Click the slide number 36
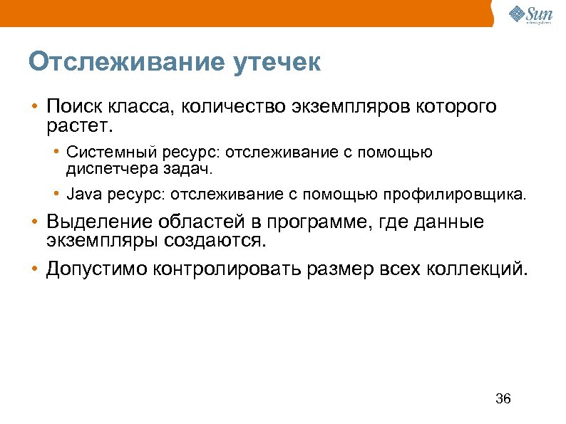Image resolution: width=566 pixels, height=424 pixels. click(x=503, y=398)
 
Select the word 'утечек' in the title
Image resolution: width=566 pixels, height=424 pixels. click(x=277, y=63)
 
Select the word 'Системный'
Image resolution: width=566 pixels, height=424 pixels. click(x=101, y=152)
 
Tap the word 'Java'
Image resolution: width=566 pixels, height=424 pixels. click(x=81, y=193)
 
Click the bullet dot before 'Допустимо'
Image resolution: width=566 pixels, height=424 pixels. click(x=34, y=269)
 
